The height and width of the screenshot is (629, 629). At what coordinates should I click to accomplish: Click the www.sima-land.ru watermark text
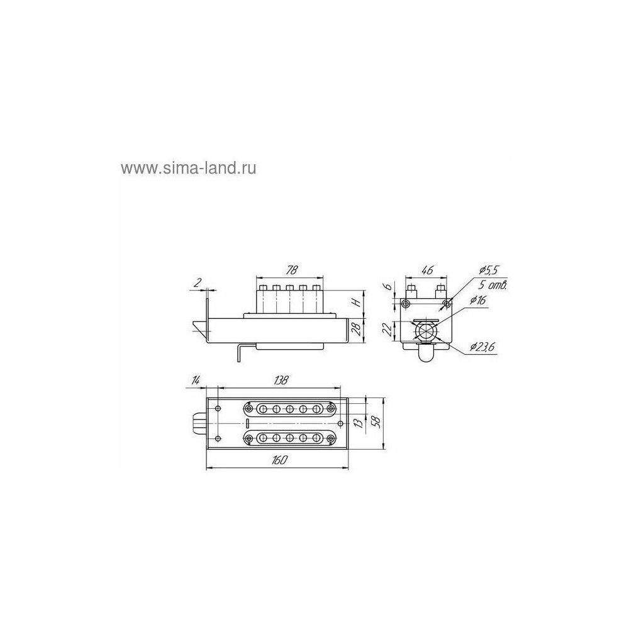point(188,168)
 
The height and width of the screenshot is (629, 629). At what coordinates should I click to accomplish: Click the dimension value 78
point(292,270)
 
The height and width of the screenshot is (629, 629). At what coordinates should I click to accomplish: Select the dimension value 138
point(280,380)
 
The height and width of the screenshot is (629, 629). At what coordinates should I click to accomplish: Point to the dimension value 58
point(377,421)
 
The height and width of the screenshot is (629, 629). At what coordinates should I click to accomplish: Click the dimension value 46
point(428,270)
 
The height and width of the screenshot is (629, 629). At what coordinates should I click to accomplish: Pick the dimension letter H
point(355,303)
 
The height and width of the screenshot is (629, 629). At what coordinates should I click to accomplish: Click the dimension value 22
point(387,330)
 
